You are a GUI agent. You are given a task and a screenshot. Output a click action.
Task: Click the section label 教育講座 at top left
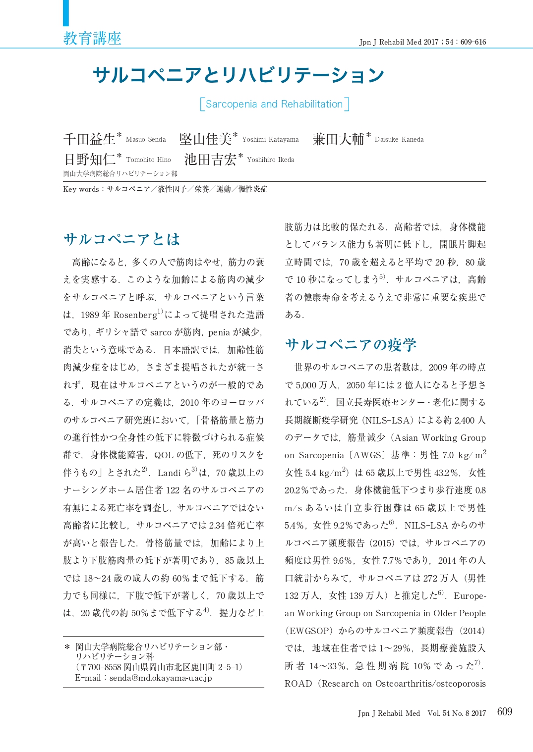point(92,38)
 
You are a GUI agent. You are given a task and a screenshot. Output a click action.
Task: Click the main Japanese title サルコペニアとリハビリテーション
point(238,75)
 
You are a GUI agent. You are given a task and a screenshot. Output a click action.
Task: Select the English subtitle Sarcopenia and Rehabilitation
point(274,104)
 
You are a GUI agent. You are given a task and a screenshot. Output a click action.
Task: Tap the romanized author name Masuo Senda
point(146,140)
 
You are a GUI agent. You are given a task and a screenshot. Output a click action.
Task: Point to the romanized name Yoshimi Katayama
point(270,140)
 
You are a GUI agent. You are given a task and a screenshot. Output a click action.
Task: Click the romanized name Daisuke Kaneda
point(399,140)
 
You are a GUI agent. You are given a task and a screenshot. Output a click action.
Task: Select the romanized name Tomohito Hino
point(148,160)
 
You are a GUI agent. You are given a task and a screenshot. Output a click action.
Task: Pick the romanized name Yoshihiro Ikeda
point(270,160)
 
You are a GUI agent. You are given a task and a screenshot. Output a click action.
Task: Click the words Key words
point(81,189)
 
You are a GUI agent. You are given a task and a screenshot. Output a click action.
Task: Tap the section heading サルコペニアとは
point(122,239)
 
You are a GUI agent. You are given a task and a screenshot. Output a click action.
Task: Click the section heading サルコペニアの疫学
point(351,345)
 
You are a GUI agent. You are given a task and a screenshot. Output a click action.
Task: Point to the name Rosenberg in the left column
point(135,315)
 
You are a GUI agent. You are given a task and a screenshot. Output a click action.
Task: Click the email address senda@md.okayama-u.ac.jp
point(161,678)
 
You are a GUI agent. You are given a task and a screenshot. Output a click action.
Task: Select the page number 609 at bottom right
point(504,712)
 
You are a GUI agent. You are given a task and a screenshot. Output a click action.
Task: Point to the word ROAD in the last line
point(298,684)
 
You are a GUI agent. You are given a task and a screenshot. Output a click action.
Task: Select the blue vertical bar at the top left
point(66,13)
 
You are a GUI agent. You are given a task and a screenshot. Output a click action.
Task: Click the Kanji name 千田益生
point(89,139)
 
